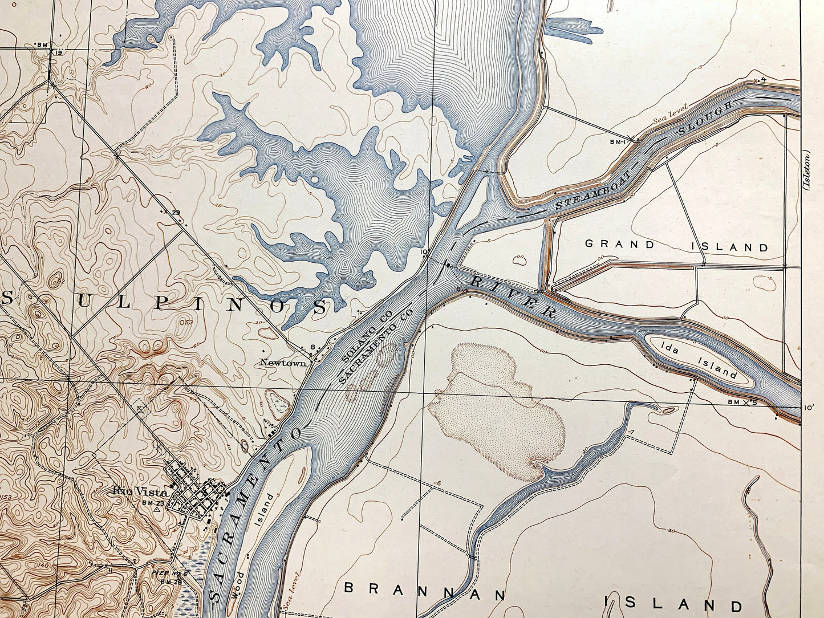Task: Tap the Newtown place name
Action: [x=283, y=362]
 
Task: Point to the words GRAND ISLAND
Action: [x=677, y=246]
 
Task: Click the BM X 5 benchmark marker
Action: [x=743, y=402]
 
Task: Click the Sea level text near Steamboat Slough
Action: [x=671, y=113]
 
